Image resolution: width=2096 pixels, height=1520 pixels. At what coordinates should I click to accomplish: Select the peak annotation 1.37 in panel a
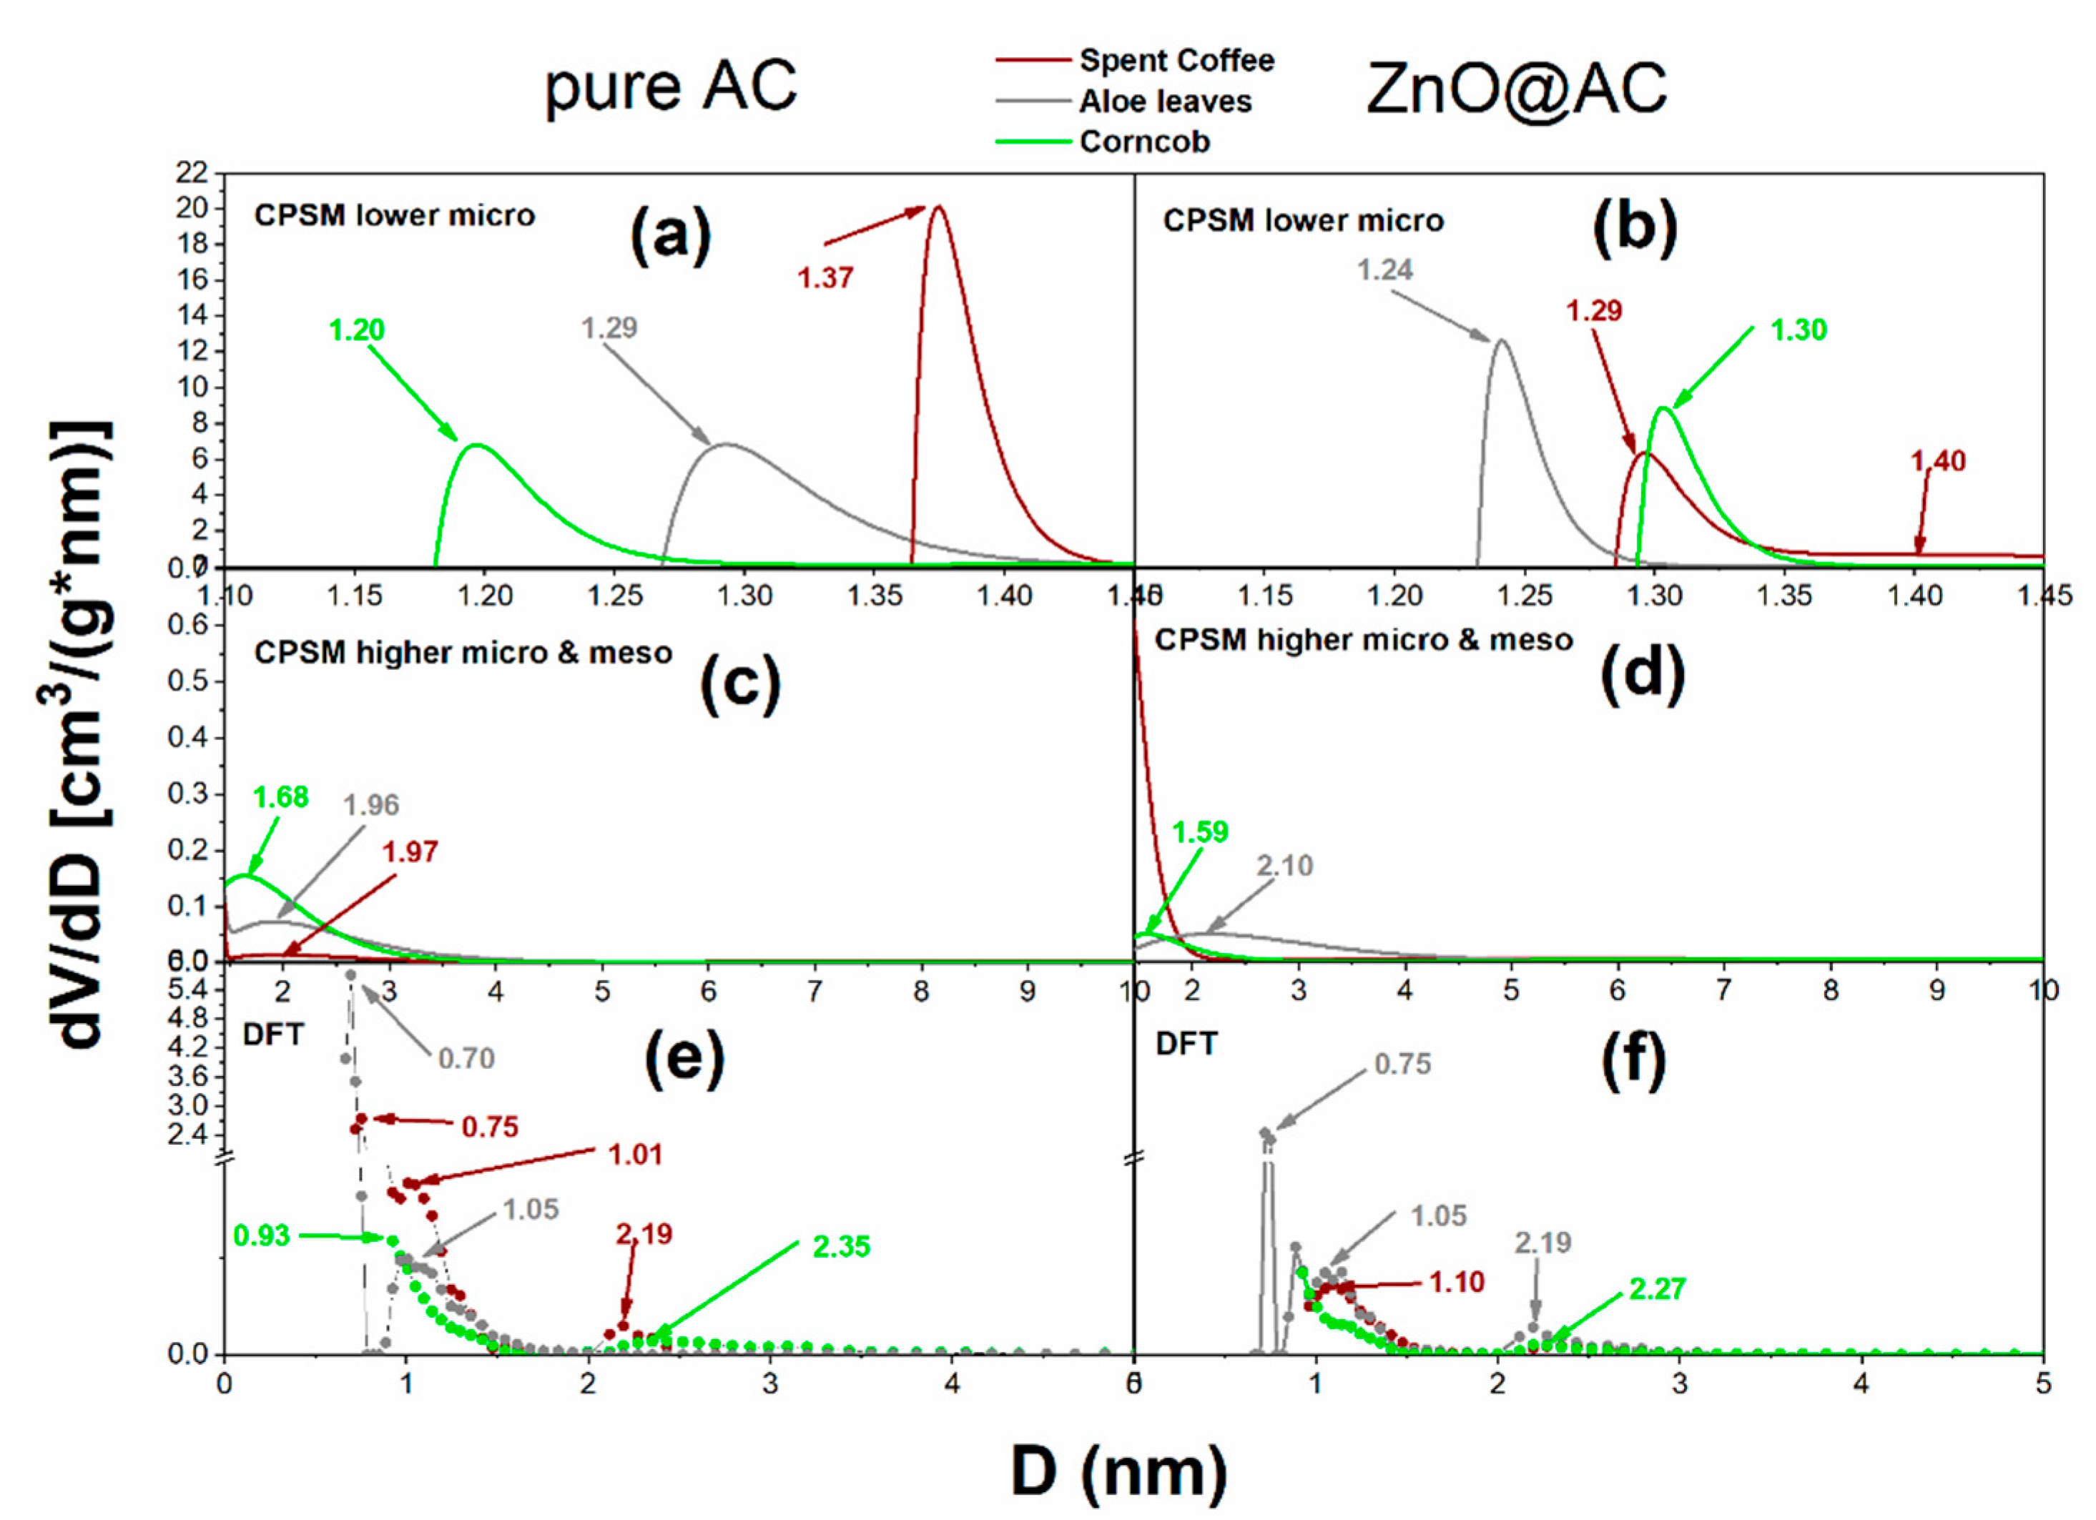click(x=825, y=277)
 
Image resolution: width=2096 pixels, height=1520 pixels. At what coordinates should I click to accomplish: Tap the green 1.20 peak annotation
click(x=357, y=330)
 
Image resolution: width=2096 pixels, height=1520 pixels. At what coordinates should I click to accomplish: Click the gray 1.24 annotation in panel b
click(x=1384, y=270)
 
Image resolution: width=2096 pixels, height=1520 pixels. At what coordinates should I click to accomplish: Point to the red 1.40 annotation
click(x=1938, y=460)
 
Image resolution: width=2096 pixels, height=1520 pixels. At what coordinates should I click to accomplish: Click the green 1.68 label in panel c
click(x=281, y=796)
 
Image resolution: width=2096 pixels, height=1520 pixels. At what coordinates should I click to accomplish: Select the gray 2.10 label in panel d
click(x=1284, y=866)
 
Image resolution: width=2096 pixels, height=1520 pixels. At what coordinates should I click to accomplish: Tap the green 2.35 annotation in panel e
click(x=841, y=1246)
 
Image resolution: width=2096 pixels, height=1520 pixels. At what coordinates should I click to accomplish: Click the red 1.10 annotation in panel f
click(x=1457, y=1282)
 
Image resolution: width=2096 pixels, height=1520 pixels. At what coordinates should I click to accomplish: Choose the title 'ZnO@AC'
click(x=1517, y=89)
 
